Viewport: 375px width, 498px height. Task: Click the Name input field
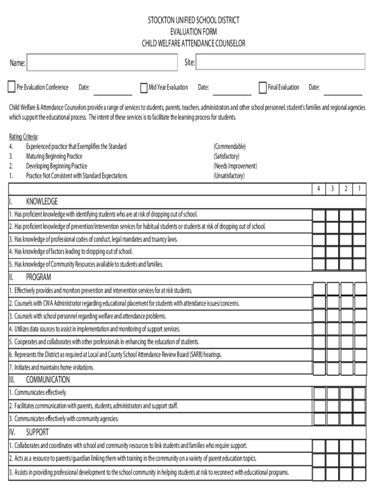(x=102, y=63)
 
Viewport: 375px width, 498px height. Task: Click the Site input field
(x=280, y=62)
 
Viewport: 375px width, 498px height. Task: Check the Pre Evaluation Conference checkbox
(x=12, y=88)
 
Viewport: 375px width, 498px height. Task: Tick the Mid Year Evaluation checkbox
(x=144, y=88)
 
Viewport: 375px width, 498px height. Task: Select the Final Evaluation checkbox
(x=263, y=88)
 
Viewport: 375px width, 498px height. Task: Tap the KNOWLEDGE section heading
(x=41, y=201)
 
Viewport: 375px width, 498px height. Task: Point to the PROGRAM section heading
(x=38, y=277)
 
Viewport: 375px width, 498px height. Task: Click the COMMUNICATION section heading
(x=48, y=380)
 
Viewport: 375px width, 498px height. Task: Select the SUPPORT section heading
(x=37, y=432)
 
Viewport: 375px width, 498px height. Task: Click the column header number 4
(x=318, y=189)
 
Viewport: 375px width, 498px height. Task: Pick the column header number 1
(x=359, y=189)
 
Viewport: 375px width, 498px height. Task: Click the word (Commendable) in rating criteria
(x=229, y=146)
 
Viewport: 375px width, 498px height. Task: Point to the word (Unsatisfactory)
(x=229, y=176)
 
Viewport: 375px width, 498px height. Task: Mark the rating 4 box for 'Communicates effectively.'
(x=319, y=393)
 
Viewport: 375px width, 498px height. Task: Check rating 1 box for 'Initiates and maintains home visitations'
(x=360, y=368)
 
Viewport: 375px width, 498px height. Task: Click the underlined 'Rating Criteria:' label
(x=24, y=137)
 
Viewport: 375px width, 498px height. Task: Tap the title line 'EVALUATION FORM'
(x=194, y=32)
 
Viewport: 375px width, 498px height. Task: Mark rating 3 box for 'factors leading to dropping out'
(x=332, y=252)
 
